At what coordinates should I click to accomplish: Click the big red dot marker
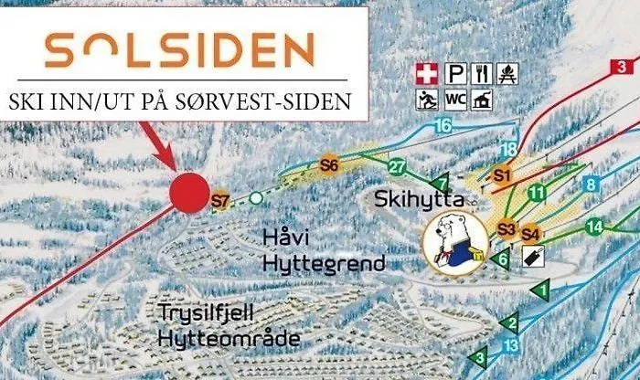(189, 192)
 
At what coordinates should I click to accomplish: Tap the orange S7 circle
(219, 201)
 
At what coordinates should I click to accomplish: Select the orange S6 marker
(330, 165)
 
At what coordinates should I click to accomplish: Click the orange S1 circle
(502, 174)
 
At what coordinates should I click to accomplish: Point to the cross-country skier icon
(425, 98)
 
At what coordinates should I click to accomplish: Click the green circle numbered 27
(396, 167)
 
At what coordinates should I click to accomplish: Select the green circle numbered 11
(537, 193)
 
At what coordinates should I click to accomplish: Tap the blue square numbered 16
(444, 125)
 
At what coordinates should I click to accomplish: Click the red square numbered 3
(622, 66)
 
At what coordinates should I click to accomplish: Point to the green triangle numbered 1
(540, 290)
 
